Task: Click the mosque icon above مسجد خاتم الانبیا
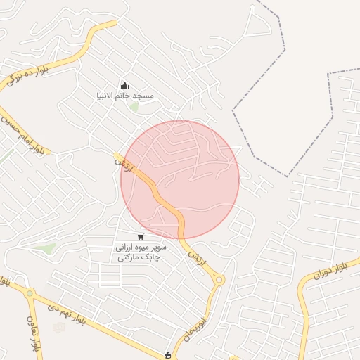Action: (125, 85)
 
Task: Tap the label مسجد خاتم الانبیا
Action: (125, 95)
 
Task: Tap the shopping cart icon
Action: (141, 237)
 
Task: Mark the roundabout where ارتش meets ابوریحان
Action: (219, 281)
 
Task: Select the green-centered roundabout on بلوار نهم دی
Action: (30, 293)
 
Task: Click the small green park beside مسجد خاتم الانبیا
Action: (134, 106)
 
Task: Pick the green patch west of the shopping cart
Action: (47, 248)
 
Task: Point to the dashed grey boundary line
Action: (285, 49)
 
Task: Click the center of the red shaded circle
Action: (180, 179)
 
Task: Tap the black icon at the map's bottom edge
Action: (167, 355)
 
